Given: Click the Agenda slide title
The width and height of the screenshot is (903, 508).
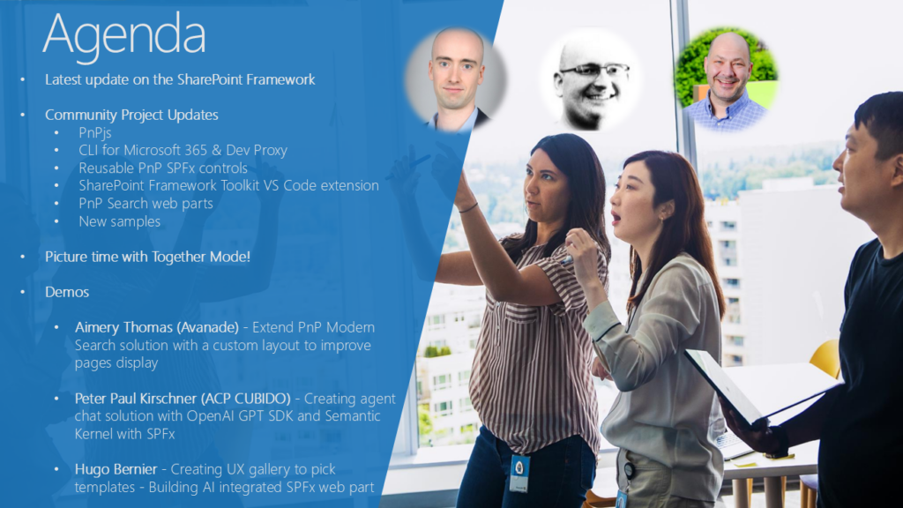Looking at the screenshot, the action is (123, 35).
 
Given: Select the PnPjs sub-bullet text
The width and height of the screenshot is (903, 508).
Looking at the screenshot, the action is (95, 132).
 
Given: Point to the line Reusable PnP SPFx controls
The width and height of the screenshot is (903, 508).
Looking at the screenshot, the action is (163, 168).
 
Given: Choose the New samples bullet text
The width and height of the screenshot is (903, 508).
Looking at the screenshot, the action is (120, 221).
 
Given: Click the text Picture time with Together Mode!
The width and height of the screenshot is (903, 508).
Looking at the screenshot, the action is (147, 257).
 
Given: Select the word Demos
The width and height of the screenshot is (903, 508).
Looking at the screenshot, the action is (67, 292).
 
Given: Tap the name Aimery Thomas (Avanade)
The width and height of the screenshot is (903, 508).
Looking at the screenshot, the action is (157, 328).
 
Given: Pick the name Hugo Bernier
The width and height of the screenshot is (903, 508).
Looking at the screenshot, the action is (116, 469).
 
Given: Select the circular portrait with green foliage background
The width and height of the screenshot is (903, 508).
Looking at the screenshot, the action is (727, 78).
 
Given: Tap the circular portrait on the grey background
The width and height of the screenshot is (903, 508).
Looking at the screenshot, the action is (456, 79).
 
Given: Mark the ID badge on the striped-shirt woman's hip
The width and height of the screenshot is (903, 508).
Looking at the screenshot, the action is (519, 474).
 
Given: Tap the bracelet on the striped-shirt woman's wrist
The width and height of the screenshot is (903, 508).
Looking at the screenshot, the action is (468, 208).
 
